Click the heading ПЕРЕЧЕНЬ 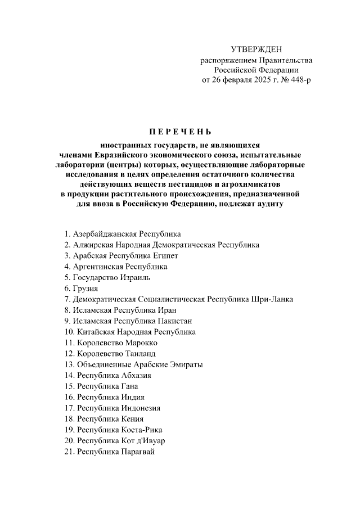(x=180, y=133)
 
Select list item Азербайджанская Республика (x=127, y=234)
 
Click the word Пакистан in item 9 (x=175, y=321)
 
